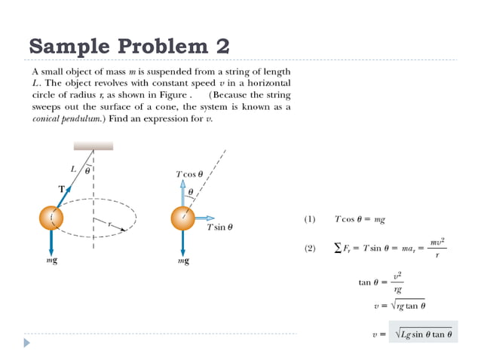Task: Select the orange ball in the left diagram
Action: (52, 218)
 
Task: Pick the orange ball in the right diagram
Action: (182, 218)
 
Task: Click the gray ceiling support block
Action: (93, 145)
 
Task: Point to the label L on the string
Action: (74, 169)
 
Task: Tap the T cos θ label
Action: (189, 174)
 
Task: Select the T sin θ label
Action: (219, 227)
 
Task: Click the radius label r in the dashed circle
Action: (109, 224)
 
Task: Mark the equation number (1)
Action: (309, 219)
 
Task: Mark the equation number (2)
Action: (309, 248)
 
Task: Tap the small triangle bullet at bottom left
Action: (27, 343)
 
